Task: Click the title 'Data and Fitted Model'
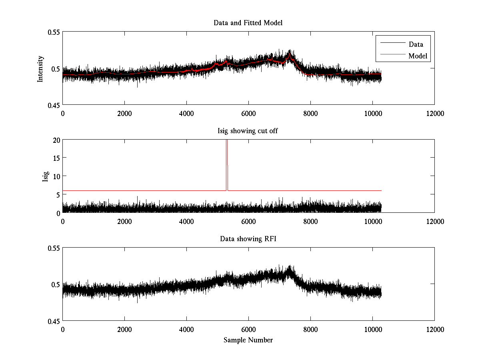pyautogui.click(x=248, y=23)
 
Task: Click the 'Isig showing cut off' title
pyautogui.click(x=248, y=131)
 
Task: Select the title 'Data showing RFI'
pyautogui.click(x=248, y=239)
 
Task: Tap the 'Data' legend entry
pyautogui.click(x=416, y=44)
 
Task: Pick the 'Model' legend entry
pyautogui.click(x=418, y=56)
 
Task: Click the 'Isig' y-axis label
pyautogui.click(x=45, y=176)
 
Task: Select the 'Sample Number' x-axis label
pyautogui.click(x=248, y=340)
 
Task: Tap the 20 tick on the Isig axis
pyautogui.click(x=56, y=140)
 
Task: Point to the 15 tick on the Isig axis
pyautogui.click(x=56, y=158)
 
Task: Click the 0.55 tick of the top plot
pyautogui.click(x=53, y=32)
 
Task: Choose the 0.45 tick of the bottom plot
pyautogui.click(x=53, y=321)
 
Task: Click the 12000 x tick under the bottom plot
pyautogui.click(x=434, y=329)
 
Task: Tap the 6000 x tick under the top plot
pyautogui.click(x=248, y=113)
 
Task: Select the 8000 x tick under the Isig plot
pyautogui.click(x=310, y=221)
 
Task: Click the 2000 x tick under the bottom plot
pyautogui.click(x=124, y=329)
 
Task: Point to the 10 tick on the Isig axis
pyautogui.click(x=56, y=176)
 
